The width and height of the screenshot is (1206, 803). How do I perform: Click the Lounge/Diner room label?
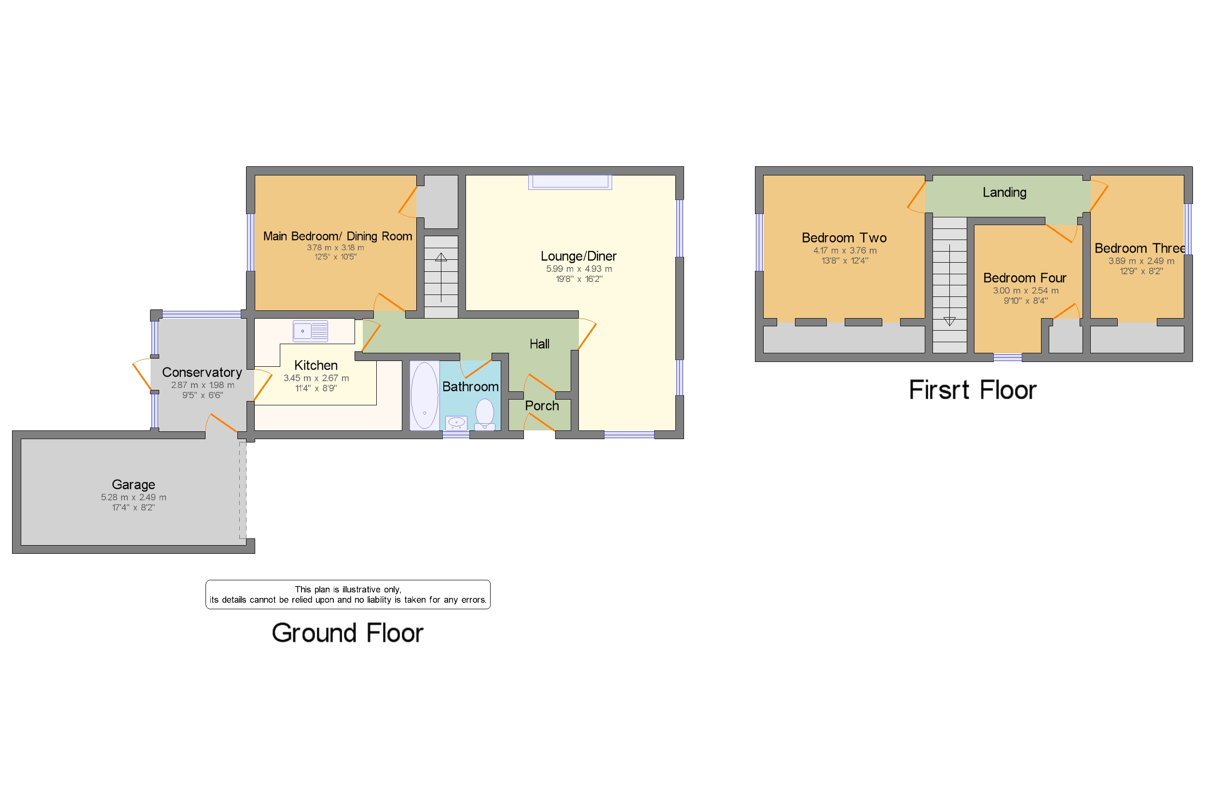[578, 256]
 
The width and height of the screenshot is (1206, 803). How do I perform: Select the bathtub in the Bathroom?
[424, 395]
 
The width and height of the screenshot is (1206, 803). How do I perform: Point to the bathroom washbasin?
[456, 423]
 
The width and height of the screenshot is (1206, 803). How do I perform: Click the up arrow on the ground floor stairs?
[441, 257]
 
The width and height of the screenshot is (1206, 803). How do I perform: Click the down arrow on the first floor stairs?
[949, 321]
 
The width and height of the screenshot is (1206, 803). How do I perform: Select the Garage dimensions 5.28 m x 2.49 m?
[133, 497]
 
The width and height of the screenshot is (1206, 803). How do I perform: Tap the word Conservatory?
[202, 372]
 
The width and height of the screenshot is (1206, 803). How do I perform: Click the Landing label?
[1004, 193]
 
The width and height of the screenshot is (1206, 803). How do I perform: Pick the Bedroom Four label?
[1025, 278]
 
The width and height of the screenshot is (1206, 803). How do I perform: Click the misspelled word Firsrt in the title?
[939, 390]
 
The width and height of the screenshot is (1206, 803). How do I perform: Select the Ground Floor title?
[347, 633]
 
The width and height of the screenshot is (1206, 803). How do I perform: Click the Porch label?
[542, 406]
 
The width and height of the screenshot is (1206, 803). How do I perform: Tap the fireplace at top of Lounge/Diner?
[570, 182]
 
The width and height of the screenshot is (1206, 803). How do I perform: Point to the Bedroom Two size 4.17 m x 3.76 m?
[845, 251]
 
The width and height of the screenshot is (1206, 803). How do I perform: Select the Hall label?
[539, 344]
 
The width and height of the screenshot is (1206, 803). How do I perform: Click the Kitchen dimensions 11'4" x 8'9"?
[315, 388]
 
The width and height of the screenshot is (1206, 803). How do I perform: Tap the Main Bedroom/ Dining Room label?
[337, 236]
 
